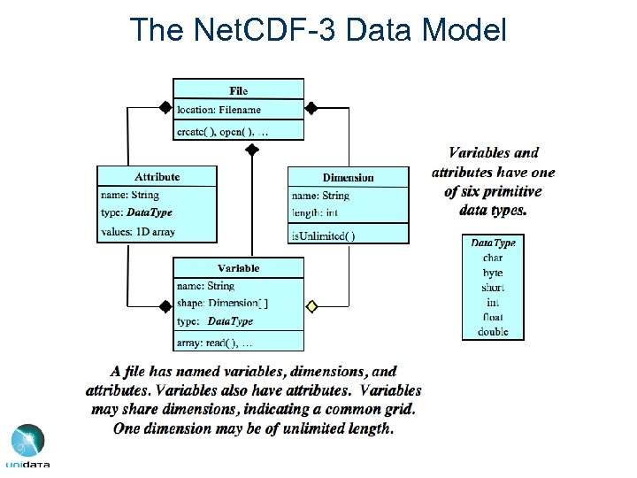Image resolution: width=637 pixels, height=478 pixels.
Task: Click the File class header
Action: point(238,89)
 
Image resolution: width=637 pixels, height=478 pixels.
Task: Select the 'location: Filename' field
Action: point(219,110)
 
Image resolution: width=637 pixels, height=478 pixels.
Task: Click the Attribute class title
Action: point(157,177)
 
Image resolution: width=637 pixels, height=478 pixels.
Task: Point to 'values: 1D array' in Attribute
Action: point(138,232)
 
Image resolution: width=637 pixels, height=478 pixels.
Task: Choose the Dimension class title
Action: point(348,177)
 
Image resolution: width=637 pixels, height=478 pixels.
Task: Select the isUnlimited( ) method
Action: point(324,235)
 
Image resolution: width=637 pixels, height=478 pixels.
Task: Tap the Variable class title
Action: point(238,267)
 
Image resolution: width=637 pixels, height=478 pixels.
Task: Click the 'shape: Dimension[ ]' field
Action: point(223,304)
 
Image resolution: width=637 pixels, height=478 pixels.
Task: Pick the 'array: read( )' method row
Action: point(215,343)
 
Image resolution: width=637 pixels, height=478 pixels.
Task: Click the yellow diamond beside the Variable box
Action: point(311,306)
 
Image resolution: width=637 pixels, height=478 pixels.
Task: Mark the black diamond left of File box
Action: point(165,108)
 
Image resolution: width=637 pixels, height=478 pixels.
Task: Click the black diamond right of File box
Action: point(311,108)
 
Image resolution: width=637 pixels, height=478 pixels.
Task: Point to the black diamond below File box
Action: point(252,150)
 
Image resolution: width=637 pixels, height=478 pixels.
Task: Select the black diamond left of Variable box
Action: point(165,306)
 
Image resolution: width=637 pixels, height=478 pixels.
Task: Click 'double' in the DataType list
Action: point(493,332)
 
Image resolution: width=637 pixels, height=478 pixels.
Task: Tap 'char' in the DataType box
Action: point(493,258)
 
